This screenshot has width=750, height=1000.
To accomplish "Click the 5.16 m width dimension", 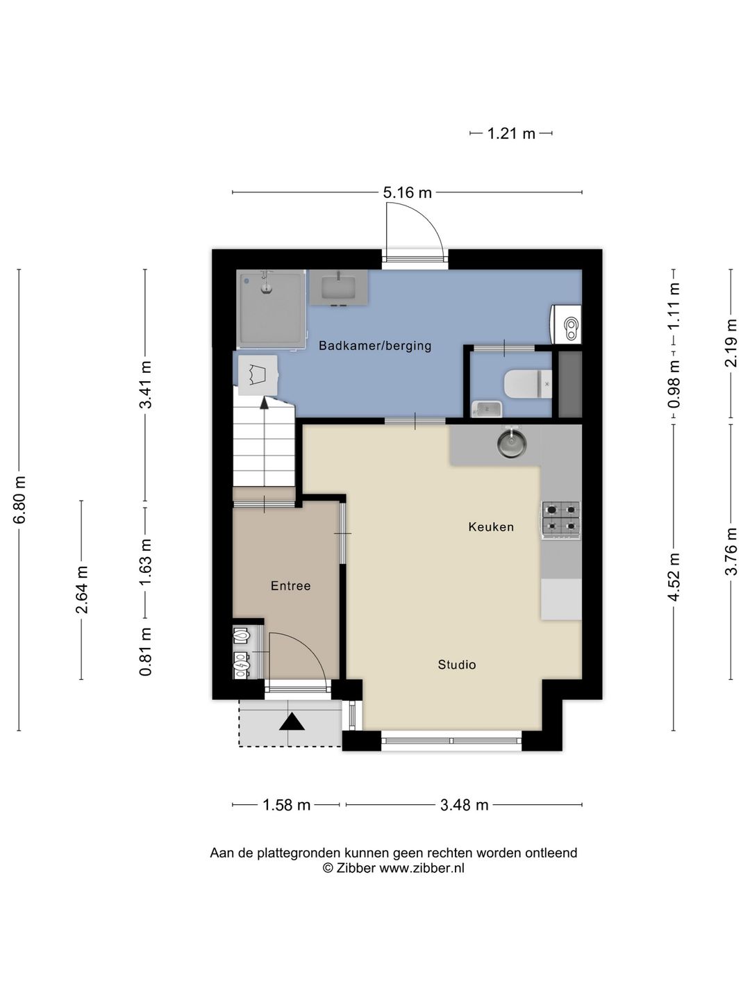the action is [407, 193].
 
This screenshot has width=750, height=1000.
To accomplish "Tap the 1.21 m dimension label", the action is [511, 133].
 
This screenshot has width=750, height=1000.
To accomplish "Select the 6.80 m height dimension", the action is [19, 499].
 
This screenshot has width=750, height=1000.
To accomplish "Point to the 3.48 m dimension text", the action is [464, 805].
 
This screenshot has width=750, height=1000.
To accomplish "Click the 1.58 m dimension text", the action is [286, 805].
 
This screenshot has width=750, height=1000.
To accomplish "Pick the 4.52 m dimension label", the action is [674, 577].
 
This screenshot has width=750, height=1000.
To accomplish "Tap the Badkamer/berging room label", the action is [375, 346].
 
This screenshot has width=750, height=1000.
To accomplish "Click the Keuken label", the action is [491, 526].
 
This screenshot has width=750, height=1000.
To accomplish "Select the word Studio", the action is [457, 665].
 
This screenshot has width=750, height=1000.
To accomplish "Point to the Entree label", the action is [290, 585].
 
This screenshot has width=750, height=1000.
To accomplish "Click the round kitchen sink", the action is [511, 442].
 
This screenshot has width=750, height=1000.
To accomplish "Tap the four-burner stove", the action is [560, 521].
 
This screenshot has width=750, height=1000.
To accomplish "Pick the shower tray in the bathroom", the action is [271, 308].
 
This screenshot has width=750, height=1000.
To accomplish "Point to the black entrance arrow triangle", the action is [292, 722].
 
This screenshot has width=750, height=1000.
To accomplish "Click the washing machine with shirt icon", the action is [257, 376].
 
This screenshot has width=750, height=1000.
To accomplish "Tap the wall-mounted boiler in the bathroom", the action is [566, 325].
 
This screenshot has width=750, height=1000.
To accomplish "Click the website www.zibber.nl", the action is [422, 868].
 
